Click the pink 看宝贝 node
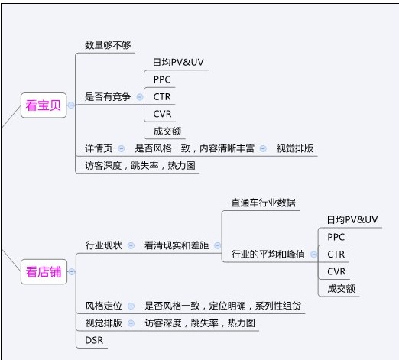tap(44, 105)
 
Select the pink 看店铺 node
tap(44, 271)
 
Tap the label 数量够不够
tap(108, 45)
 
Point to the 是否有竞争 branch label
tap(108, 97)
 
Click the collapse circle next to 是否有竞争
tap(140, 97)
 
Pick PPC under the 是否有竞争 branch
tap(162, 79)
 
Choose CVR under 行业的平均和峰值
tap(336, 271)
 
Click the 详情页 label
tap(99, 148)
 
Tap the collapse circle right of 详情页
tap(122, 148)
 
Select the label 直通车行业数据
tap(263, 203)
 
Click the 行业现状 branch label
tap(103, 245)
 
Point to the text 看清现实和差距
tap(177, 245)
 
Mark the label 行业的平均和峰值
tap(268, 255)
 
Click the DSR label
tap(94, 340)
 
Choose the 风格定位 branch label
tap(103, 306)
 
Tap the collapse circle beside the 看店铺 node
tap(72, 271)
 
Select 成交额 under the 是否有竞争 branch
tap(167, 131)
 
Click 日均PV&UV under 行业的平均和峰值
tap(352, 220)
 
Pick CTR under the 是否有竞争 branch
tap(162, 97)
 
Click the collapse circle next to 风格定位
tap(131, 306)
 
